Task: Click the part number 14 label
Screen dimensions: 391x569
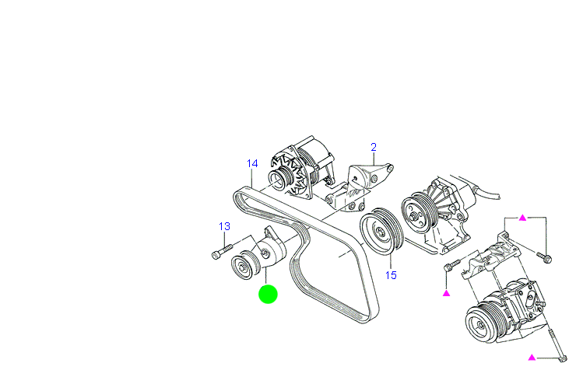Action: [x=252, y=164]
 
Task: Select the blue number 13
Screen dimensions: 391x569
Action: [x=224, y=226]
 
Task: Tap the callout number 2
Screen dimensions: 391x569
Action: [x=373, y=147]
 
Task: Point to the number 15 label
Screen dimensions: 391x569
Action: [x=391, y=275]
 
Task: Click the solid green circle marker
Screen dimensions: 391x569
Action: [x=268, y=294]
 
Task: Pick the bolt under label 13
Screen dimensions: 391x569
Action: [x=220, y=253]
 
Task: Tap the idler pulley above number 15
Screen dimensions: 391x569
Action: [x=381, y=230]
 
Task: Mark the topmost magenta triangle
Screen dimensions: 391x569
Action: [x=523, y=218]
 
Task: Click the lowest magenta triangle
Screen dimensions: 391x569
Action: [x=532, y=358]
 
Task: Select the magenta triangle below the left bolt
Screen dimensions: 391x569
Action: [x=447, y=293]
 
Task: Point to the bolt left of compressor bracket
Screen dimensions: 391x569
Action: [x=450, y=266]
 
